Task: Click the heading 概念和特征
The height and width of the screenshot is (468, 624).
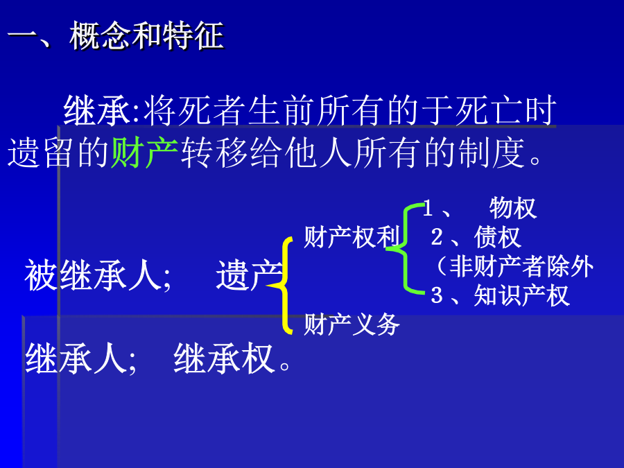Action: [146, 36]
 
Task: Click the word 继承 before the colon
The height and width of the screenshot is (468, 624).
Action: [96, 110]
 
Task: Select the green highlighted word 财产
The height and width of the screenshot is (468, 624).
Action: [144, 153]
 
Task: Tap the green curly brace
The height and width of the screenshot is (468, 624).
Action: [405, 249]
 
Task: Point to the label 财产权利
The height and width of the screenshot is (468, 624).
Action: [352, 237]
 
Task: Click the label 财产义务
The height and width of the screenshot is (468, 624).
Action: [352, 324]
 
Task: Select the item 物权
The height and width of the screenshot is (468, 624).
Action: [513, 208]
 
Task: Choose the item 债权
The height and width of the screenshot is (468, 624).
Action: [497, 237]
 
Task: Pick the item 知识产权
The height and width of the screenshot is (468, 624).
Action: [521, 295]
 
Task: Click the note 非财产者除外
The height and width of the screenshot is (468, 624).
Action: [521, 266]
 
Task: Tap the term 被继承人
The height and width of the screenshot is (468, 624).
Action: [93, 275]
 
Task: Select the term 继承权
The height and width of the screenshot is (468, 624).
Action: [224, 358]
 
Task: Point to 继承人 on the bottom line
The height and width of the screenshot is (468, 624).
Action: [76, 358]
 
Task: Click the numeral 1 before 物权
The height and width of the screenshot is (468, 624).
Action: [428, 208]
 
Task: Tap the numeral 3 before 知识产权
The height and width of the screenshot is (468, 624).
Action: [437, 295]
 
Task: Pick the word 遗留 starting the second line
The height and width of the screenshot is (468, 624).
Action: [40, 153]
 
